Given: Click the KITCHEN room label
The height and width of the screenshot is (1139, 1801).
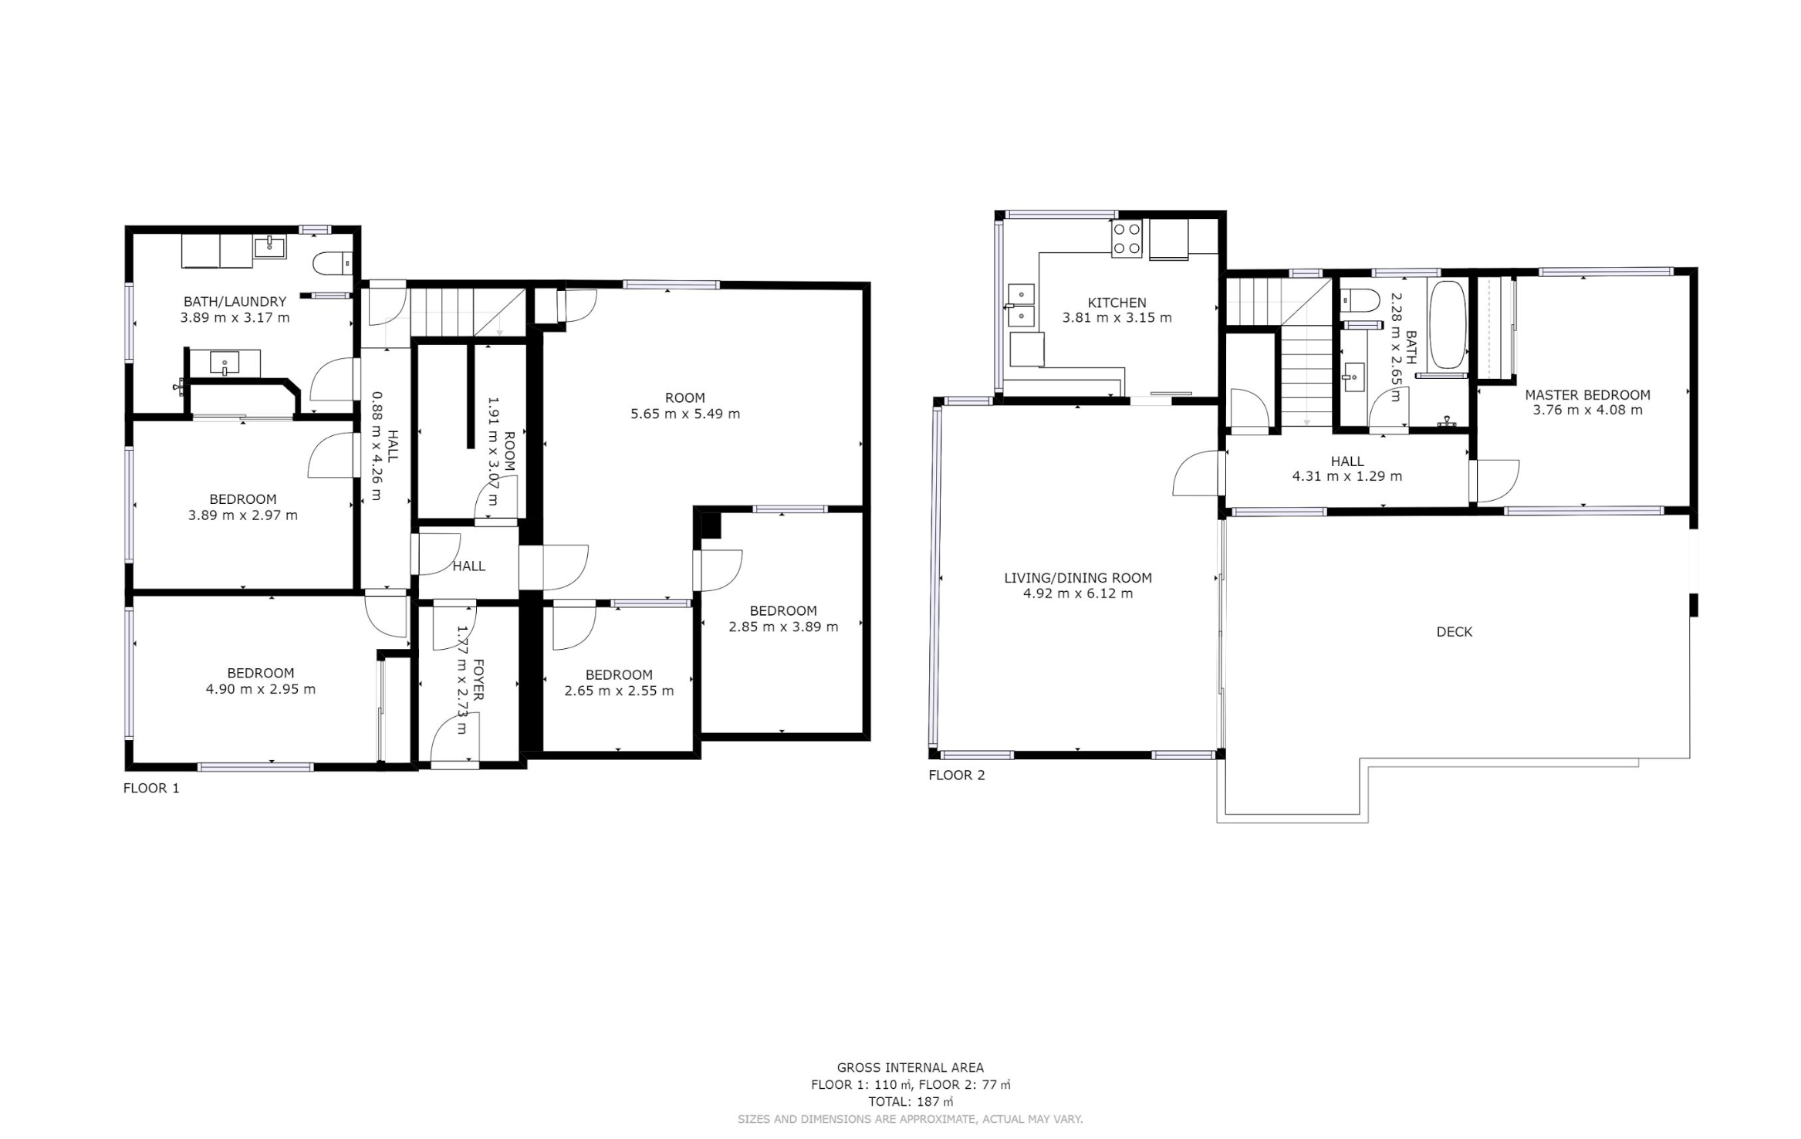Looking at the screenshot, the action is (x=1117, y=302).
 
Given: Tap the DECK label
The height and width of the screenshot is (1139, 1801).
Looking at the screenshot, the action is (x=1455, y=632).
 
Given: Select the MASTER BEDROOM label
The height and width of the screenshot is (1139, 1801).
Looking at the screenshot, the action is (x=1587, y=394).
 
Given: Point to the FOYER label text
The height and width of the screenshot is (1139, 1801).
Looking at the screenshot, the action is (x=478, y=680).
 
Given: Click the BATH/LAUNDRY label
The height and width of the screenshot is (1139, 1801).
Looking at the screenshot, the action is (x=235, y=302).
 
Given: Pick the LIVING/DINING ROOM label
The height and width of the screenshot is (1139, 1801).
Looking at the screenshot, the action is (x=1078, y=577).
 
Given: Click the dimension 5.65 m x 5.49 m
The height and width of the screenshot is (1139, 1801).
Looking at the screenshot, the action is (x=685, y=414).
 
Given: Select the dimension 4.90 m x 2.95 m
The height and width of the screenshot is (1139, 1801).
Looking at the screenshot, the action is (x=261, y=689).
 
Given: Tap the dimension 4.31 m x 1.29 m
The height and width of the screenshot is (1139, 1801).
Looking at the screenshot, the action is (x=1347, y=476).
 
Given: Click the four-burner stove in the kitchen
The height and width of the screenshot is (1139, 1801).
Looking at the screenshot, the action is (x=1126, y=238).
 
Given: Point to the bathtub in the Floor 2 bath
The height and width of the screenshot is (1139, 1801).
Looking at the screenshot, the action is (x=1447, y=325).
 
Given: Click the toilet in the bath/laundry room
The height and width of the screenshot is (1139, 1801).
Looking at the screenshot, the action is (x=333, y=263).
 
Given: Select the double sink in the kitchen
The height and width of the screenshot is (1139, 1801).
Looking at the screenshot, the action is (x=1021, y=305).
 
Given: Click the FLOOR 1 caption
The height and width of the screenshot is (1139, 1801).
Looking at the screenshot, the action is (x=151, y=788).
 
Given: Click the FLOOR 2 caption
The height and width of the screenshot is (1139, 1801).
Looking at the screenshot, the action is (x=957, y=775).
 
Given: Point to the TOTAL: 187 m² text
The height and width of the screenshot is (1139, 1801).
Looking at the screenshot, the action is (x=911, y=1101).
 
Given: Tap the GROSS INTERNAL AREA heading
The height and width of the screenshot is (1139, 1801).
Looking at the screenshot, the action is (x=911, y=1068).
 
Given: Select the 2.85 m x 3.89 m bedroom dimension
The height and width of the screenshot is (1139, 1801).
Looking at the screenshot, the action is (x=783, y=627).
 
